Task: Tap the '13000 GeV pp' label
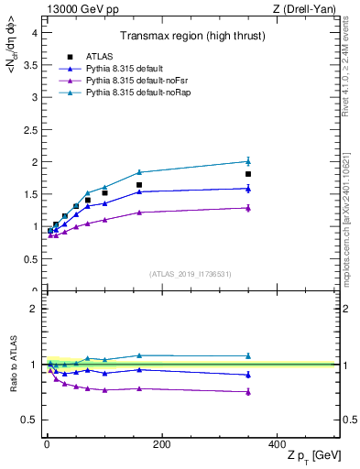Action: point(77,8)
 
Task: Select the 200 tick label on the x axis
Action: point(161,444)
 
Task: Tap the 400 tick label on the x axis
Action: point(277,444)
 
